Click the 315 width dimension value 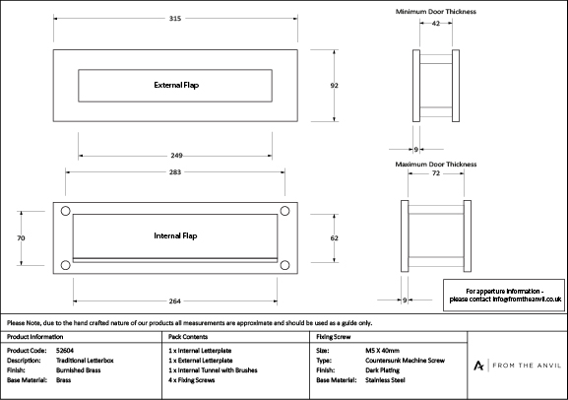[175, 19]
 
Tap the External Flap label [176, 85]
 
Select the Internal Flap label [175, 235]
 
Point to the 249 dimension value [176, 156]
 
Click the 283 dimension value [175, 171]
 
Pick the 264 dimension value [174, 301]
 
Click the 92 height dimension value [334, 86]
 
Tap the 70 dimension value [21, 237]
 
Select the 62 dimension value [334, 237]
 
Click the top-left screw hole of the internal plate [66, 211]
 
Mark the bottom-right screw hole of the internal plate [284, 265]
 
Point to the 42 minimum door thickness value [436, 24]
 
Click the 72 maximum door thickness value [436, 173]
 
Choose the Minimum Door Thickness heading [436, 12]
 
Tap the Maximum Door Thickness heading [436, 165]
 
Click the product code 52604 [65, 351]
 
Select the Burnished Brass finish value [78, 370]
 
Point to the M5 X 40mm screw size [383, 351]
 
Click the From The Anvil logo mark [478, 366]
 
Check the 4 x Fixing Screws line [192, 380]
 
